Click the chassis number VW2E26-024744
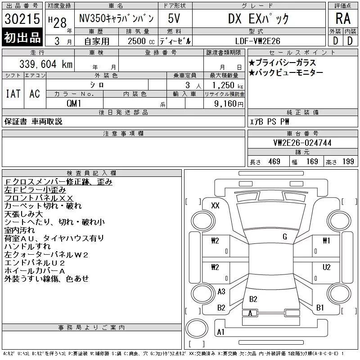[302, 143]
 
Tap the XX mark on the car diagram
[215, 206]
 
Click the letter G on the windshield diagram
[284, 237]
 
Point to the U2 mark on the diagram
[327, 266]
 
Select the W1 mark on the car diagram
[326, 241]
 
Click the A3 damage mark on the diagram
[221, 292]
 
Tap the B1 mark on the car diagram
[320, 308]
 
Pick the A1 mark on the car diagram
[220, 332]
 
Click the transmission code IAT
[13, 94]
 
